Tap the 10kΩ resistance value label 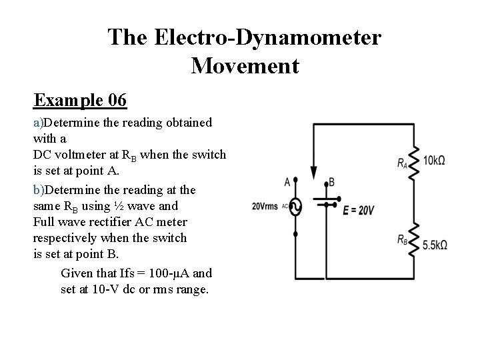[x=434, y=160]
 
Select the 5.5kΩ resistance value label [x=435, y=245]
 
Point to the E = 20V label [x=359, y=210]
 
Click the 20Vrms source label [x=265, y=206]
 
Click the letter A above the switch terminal [x=287, y=181]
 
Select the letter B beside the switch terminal [x=331, y=182]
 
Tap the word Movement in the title [x=245, y=66]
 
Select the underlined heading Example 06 [x=80, y=100]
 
